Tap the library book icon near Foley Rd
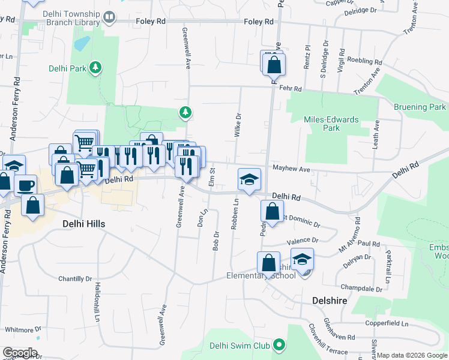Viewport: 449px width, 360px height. pos(109,19)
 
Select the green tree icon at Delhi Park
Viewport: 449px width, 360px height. pos(95,68)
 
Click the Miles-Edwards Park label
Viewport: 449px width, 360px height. pos(331,124)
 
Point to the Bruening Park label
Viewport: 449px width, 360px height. pos(420,107)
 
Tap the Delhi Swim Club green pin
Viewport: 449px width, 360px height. pos(279,345)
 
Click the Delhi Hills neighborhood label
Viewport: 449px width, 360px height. pos(83,224)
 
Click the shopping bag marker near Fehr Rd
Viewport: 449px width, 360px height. pos(274,63)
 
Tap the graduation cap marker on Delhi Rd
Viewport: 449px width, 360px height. pos(250,179)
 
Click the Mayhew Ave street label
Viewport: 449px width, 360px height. pos(291,170)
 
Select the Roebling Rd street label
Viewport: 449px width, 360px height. pos(365,62)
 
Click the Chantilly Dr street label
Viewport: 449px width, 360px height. pos(75,279)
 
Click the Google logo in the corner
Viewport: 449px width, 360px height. pos(20,353)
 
